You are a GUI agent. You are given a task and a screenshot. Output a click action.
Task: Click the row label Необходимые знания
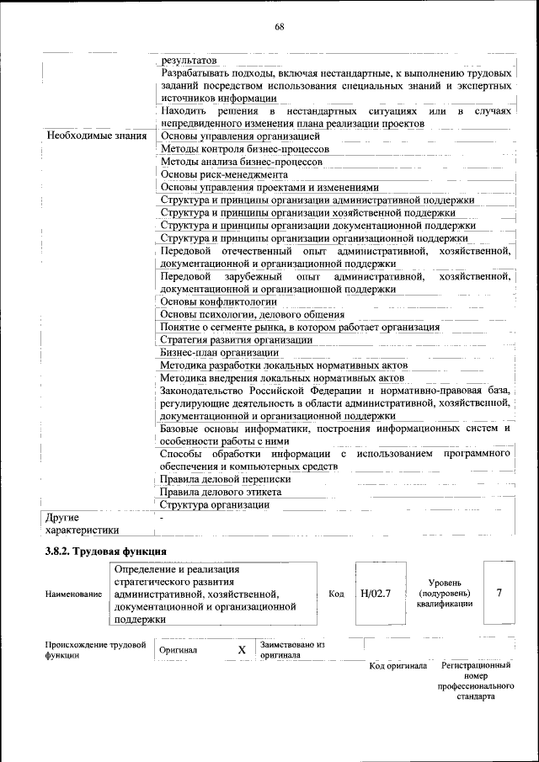click(x=97, y=136)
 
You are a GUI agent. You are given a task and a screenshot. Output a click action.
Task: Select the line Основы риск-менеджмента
click(x=224, y=174)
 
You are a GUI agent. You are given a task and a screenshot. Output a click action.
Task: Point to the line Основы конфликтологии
click(x=218, y=301)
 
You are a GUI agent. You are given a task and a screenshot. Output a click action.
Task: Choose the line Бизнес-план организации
click(x=220, y=353)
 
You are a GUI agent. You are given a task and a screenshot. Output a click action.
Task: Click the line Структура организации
click(x=215, y=505)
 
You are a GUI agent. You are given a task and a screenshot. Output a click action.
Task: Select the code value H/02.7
click(x=376, y=594)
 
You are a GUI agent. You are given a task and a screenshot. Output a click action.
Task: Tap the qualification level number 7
click(x=499, y=593)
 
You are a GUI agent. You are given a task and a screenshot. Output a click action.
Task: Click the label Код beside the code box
click(x=336, y=594)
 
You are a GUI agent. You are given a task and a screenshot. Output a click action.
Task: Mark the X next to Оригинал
click(x=242, y=650)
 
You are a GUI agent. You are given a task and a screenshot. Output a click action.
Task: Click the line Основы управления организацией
click(x=240, y=136)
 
